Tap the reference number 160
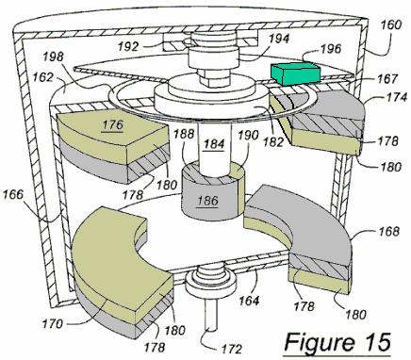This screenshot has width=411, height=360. [x=389, y=25]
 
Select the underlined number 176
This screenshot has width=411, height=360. [x=113, y=124]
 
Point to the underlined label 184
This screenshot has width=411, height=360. [x=214, y=144]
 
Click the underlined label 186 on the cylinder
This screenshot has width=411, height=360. [x=207, y=200]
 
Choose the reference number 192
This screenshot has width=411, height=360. [x=128, y=46]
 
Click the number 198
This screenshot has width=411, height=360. [x=54, y=57]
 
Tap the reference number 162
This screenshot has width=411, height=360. [x=42, y=77]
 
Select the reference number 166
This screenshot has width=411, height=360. [x=13, y=194]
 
